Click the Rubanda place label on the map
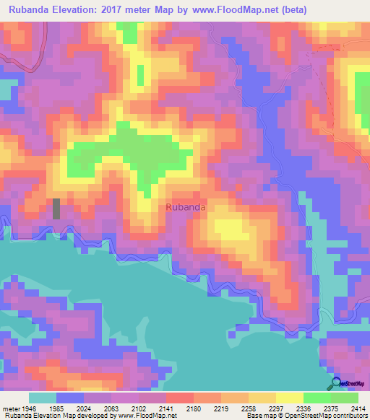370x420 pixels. click(186, 207)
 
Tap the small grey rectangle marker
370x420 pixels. click(56, 209)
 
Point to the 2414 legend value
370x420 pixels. click(357, 408)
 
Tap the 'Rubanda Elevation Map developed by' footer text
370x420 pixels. click(41, 416)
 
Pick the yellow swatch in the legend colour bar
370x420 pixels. click(289, 398)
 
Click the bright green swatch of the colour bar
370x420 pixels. click(317, 398)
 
